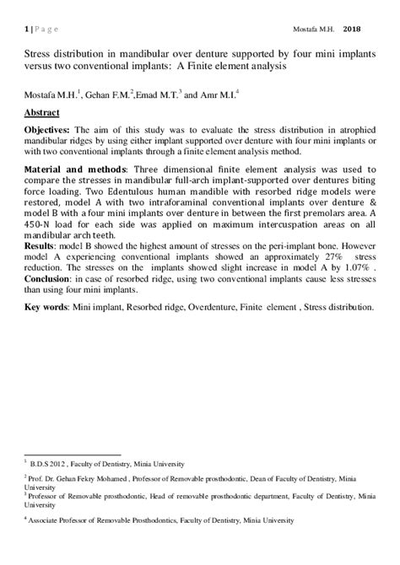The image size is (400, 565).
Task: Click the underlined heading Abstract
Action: [x=42, y=111]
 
